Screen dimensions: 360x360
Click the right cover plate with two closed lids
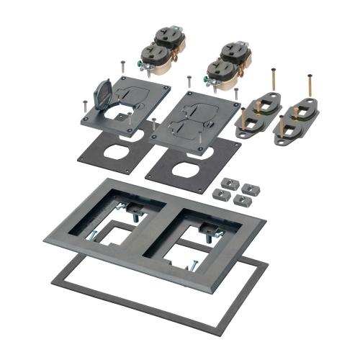pyautogui.click(x=197, y=114)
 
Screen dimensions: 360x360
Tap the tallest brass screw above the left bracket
pyautogui.click(x=275, y=84)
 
